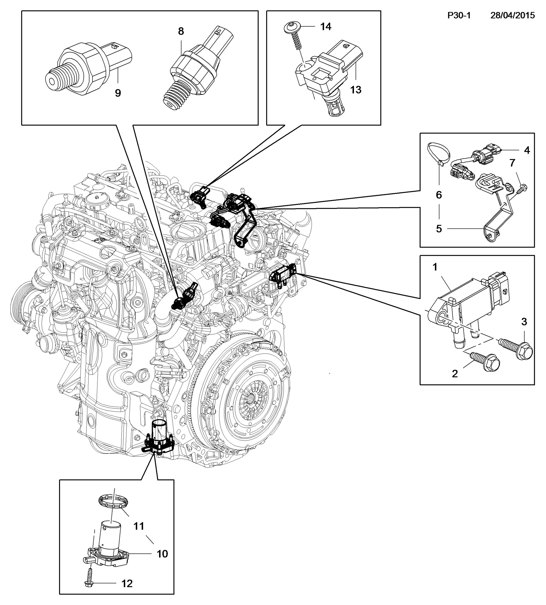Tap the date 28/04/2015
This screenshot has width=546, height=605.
click(x=512, y=15)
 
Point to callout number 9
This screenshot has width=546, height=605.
click(x=118, y=93)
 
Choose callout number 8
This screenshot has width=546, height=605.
click(x=181, y=31)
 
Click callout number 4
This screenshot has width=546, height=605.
click(x=527, y=150)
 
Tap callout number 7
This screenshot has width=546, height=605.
click(x=512, y=163)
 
